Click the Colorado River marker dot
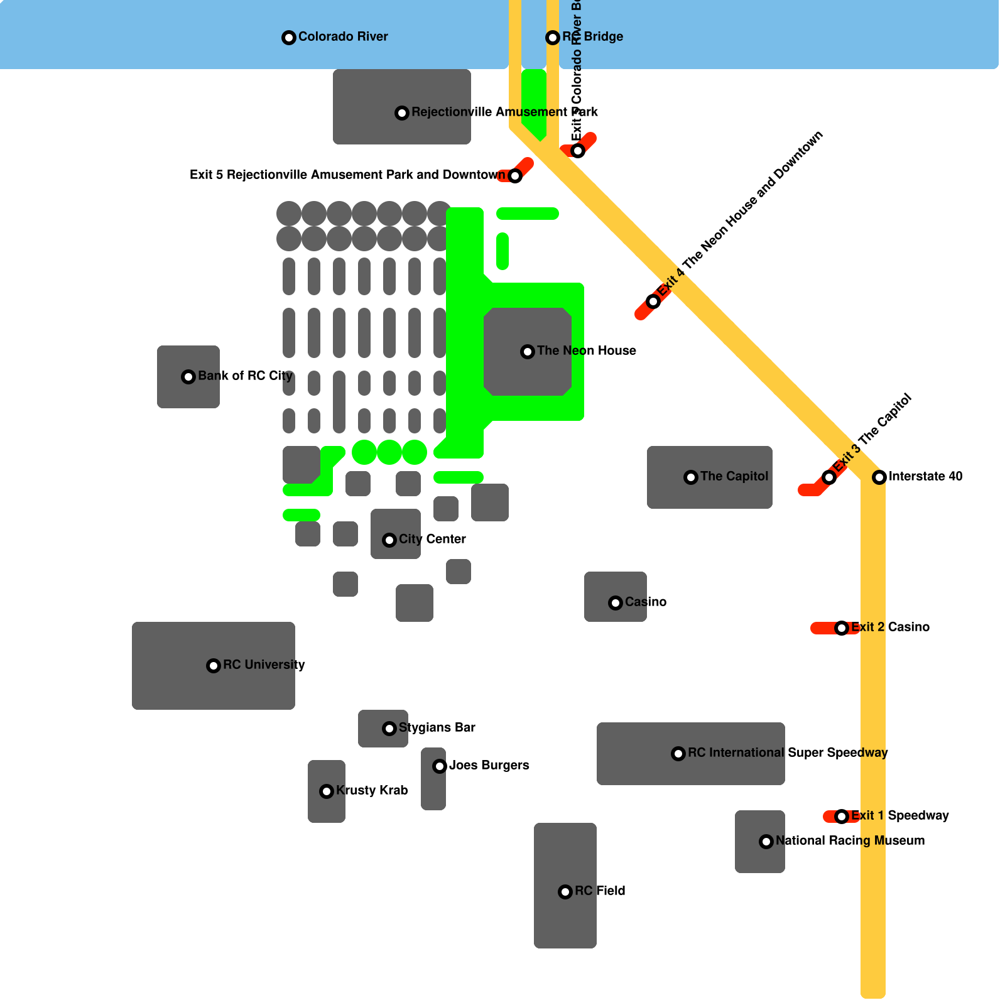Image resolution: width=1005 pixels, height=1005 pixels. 288,38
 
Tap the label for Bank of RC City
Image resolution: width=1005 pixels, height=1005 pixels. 245,376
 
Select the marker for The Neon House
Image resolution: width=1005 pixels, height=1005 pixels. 528,352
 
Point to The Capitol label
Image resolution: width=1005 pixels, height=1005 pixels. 734,476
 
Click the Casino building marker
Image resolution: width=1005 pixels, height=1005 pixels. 616,603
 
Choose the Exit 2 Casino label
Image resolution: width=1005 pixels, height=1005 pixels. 890,627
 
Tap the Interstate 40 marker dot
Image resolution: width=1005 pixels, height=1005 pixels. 879,477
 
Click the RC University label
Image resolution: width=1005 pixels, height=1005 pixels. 264,665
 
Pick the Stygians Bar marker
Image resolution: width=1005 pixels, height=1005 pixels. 389,729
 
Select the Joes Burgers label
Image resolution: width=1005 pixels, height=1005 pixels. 489,765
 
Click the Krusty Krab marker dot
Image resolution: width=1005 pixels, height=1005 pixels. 327,791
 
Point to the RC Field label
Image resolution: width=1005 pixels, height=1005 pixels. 600,891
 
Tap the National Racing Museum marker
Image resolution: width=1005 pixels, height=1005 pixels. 766,842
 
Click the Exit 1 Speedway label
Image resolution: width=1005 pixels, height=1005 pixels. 899,815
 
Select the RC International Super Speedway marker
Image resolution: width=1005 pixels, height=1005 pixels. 678,754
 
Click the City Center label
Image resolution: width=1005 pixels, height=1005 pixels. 432,539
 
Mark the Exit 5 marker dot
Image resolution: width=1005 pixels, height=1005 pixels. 515,176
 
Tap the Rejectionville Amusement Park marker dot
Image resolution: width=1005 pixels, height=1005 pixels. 402,113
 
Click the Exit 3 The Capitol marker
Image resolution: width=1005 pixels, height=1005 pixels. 829,477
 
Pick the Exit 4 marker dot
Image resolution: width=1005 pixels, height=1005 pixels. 653,301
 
